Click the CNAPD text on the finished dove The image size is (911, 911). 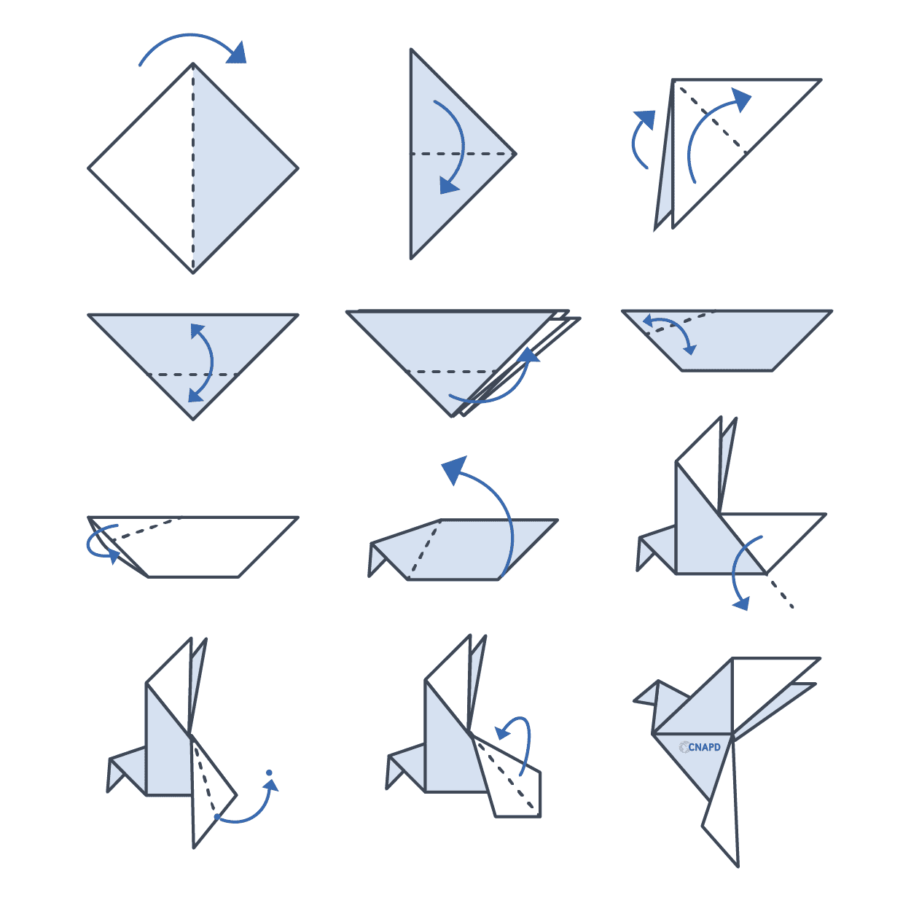(x=704, y=748)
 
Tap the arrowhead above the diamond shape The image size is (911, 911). (x=238, y=52)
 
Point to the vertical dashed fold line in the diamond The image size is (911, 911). (x=193, y=168)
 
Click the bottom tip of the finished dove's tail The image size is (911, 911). (x=738, y=867)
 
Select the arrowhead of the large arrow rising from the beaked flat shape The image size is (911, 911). (x=455, y=469)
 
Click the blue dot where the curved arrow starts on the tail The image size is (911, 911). (x=217, y=816)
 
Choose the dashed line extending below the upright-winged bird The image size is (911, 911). (x=780, y=590)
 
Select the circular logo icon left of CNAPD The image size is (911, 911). (x=684, y=748)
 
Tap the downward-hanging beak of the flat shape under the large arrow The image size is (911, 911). (x=376, y=560)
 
